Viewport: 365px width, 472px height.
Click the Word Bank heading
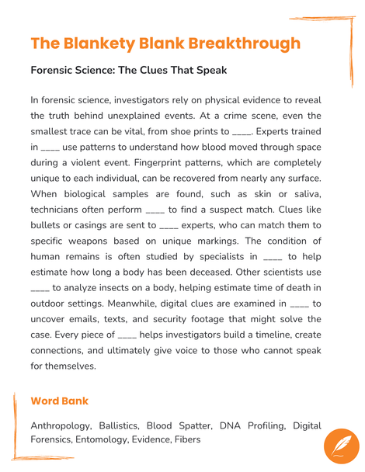coord(59,401)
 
